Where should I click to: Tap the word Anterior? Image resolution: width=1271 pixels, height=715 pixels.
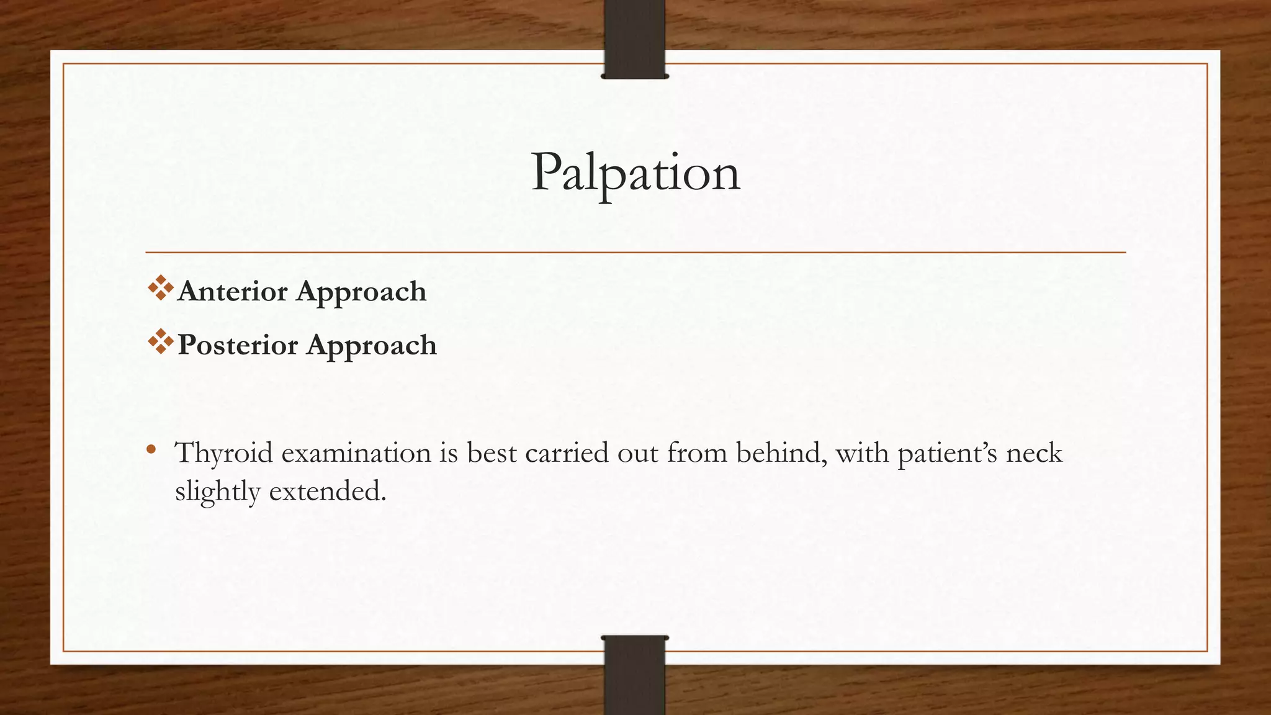[x=232, y=291]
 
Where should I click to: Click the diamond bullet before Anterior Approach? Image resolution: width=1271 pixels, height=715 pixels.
[x=160, y=289]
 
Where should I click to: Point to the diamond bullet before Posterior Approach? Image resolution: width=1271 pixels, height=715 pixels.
[x=160, y=342]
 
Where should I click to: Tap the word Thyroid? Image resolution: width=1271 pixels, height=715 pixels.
[x=224, y=453]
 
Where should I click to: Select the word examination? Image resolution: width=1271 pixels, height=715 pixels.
[x=356, y=453]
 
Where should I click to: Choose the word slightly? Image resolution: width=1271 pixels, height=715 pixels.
[x=218, y=492]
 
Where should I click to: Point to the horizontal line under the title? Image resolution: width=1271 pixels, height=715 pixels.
[x=635, y=253]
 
